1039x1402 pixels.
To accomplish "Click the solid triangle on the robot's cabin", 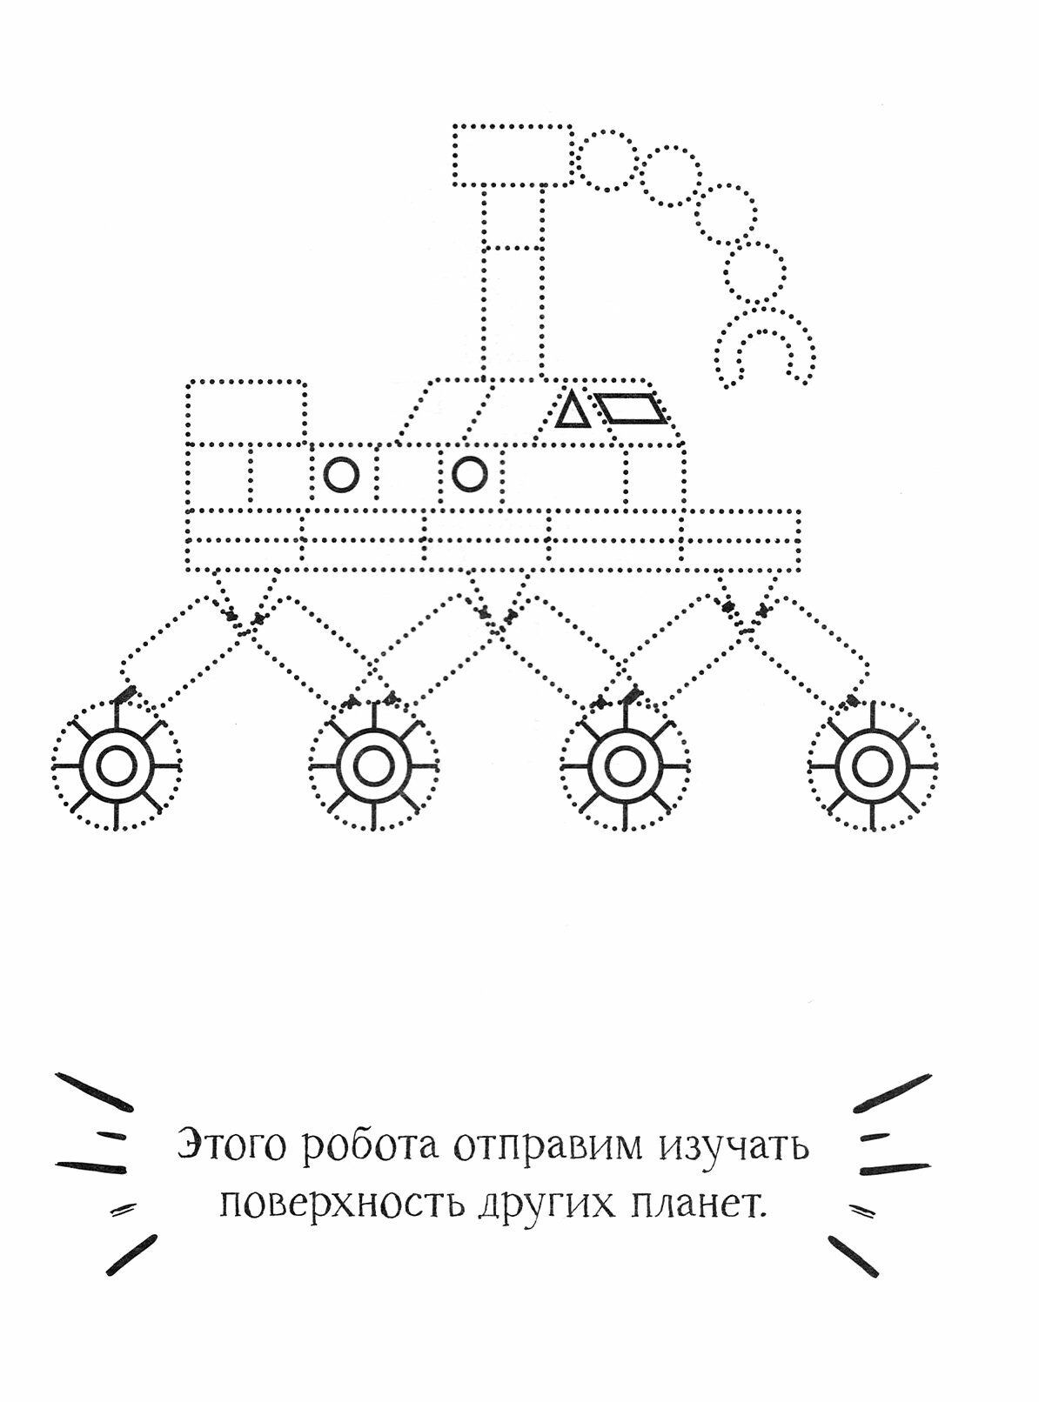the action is pos(571,411).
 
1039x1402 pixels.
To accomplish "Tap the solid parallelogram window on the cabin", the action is pos(634,410).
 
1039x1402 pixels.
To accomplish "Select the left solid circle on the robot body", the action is pos(340,475).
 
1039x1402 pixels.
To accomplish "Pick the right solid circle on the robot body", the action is pos(469,474).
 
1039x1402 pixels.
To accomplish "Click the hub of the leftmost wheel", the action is pos(116,767).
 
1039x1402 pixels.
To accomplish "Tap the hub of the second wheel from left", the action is pos(374,767).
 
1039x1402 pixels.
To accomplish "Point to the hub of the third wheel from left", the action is pos(623,767).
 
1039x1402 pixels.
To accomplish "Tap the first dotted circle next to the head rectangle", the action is pos(607,160).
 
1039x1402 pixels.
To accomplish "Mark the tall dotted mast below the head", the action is pos(513,283).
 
